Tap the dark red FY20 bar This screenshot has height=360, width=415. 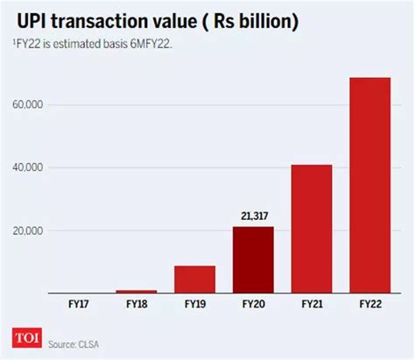point(253,259)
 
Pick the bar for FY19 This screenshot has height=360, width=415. point(195,279)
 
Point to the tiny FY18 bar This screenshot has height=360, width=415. point(137,291)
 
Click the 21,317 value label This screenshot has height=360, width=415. point(253,214)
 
